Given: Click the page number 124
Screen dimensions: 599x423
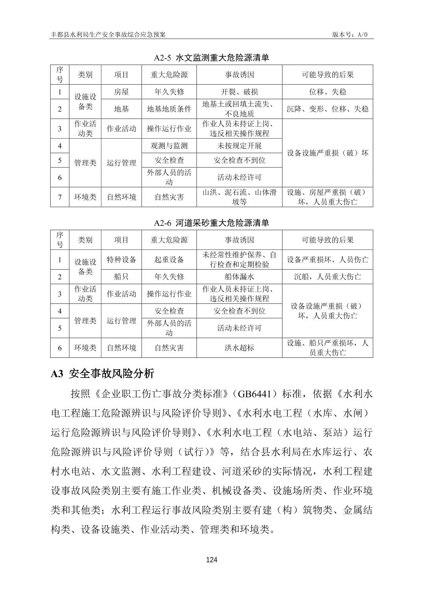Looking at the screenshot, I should [211, 560].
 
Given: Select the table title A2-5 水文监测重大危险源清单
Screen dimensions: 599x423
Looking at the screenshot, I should [211, 58].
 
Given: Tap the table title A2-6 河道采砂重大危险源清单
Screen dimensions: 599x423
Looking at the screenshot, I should [211, 223].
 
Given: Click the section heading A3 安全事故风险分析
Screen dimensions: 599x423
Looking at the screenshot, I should [102, 373].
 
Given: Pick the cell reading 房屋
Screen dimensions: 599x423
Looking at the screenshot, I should [121, 92].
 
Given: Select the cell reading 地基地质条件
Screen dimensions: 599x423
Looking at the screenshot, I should [169, 109].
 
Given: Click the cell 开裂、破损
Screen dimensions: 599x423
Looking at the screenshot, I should [239, 92].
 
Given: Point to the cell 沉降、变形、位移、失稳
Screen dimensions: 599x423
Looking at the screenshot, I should [327, 109].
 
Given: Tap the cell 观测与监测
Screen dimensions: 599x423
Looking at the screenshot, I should [169, 146].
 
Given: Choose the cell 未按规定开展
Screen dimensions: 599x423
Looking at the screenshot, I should [239, 146].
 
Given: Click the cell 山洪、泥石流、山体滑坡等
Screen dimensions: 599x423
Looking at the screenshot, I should [239, 197].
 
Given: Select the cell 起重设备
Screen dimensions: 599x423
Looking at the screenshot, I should [169, 260].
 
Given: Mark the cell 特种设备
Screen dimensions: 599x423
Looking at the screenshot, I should [121, 260].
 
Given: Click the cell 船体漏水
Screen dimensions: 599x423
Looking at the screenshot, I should [239, 277].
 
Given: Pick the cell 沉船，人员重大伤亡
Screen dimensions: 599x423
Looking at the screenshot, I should [327, 277].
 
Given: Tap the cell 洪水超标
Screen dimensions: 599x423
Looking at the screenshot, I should [239, 348].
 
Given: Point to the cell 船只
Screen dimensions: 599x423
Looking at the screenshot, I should [121, 277].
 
